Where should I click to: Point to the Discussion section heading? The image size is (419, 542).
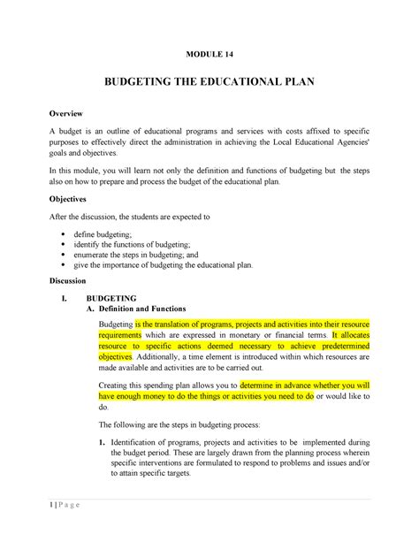click(x=76, y=280)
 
